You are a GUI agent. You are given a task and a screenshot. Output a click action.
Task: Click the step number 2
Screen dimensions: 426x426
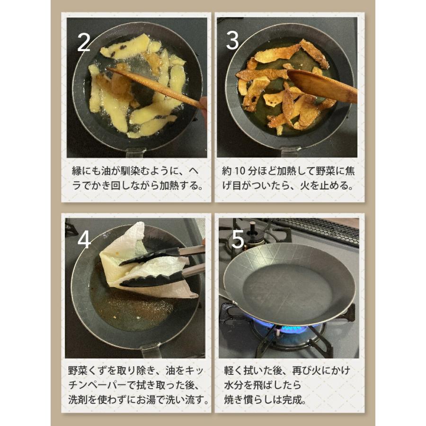[84, 42]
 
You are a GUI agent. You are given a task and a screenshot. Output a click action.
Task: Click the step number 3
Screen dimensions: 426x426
[232, 41]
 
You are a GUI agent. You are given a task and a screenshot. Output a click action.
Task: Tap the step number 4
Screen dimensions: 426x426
[84, 240]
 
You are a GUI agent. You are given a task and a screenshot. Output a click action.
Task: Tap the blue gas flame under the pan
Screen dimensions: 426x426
[284, 328]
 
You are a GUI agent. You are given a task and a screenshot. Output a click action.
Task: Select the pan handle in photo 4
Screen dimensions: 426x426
[151, 351]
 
